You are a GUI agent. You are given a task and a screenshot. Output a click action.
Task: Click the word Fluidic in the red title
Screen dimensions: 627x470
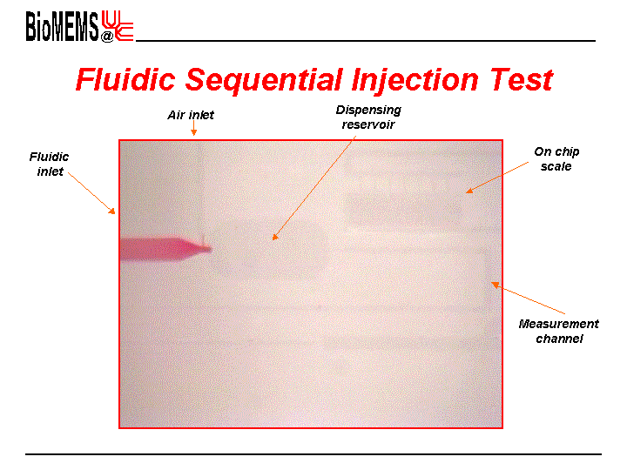[x=125, y=79]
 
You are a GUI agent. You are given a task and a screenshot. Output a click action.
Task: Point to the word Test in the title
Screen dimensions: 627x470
[x=522, y=79]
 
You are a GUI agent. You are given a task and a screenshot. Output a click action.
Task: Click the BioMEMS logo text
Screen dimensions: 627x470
[x=62, y=26]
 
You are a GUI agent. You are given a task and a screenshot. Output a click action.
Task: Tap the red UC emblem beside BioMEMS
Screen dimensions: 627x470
[x=118, y=25]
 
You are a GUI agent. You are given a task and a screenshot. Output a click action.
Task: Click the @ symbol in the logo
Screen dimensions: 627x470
[x=107, y=37]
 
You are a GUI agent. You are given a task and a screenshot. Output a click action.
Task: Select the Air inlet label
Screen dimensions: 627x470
[x=191, y=115]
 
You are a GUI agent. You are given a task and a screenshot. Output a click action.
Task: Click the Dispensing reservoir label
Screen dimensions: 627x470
[x=368, y=117]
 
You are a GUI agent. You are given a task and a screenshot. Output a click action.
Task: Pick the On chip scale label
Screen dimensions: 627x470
[x=556, y=159]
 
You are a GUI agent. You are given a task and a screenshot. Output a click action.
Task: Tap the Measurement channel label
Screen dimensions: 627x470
[x=559, y=332]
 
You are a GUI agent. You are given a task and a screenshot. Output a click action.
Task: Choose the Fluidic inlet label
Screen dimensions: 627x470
[x=49, y=164]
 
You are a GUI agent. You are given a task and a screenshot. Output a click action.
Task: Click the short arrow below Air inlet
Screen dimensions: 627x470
[x=193, y=128]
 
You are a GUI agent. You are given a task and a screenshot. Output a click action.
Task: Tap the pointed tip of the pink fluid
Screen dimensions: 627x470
[x=211, y=250]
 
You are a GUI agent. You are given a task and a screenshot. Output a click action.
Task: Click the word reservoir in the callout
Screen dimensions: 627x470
[x=368, y=124]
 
